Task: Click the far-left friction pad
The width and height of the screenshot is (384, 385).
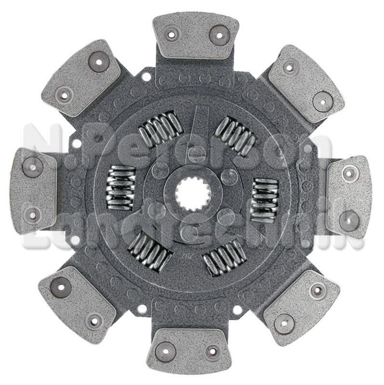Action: [33, 192]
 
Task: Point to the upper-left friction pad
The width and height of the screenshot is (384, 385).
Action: [81, 78]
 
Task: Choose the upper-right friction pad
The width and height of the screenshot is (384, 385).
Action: [306, 83]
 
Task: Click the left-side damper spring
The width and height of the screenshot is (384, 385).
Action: [120, 187]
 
